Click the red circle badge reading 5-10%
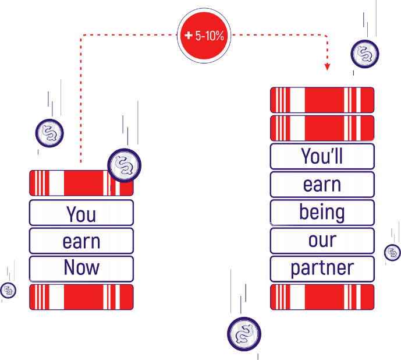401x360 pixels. (204, 36)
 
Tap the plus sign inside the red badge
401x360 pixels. (188, 36)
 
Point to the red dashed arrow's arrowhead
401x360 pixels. (327, 67)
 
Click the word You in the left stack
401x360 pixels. (81, 214)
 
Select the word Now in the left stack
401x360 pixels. (81, 269)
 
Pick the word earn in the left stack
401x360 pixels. (81, 241)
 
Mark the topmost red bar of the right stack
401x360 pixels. (322, 100)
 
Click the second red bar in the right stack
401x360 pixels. (322, 128)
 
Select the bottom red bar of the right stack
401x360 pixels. (322, 297)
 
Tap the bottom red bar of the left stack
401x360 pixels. (81, 297)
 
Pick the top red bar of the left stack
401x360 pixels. (70, 183)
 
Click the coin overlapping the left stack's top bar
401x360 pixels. (124, 165)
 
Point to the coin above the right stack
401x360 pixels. (365, 54)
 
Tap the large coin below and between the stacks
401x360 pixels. (244, 334)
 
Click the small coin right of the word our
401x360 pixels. (392, 252)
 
